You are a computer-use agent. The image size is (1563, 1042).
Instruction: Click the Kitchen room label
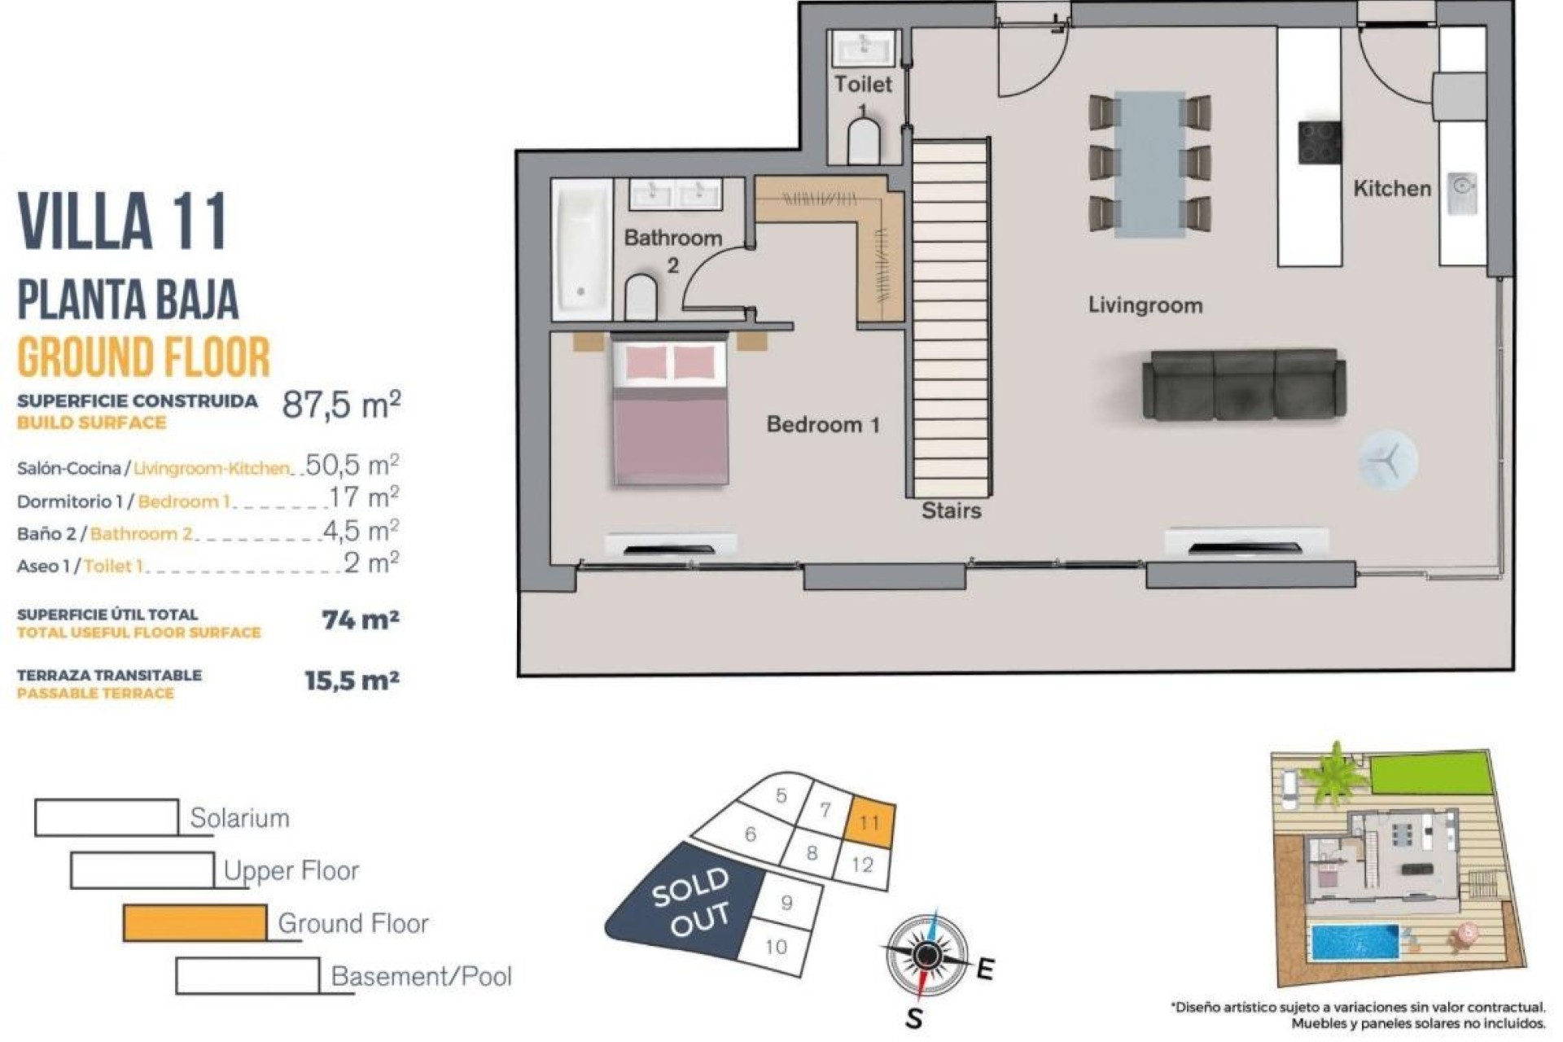1391,189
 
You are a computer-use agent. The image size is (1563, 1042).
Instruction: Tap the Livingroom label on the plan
1145,305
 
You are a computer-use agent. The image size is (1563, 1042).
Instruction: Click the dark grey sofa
1243,384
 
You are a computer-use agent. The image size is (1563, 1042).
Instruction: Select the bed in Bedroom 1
669,414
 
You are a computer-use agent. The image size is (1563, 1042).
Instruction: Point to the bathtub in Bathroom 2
582,249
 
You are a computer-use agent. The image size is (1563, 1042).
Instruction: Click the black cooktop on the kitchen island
1319,142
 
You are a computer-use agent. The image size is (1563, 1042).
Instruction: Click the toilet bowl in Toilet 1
864,142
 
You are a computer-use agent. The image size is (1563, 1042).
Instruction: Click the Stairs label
951,511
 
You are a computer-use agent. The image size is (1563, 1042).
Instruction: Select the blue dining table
1149,164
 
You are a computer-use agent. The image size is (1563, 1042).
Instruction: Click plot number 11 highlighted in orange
869,822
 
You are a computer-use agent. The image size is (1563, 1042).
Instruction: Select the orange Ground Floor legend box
195,923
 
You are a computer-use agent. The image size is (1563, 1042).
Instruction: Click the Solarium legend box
107,817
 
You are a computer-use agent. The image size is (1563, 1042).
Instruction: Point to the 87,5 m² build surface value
340,405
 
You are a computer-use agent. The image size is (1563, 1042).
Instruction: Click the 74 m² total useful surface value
360,620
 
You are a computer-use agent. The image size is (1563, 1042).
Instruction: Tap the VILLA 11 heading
122,221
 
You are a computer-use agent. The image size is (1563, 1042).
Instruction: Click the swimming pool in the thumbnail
1354,942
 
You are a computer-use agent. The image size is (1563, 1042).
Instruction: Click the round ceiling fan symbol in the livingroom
1387,461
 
